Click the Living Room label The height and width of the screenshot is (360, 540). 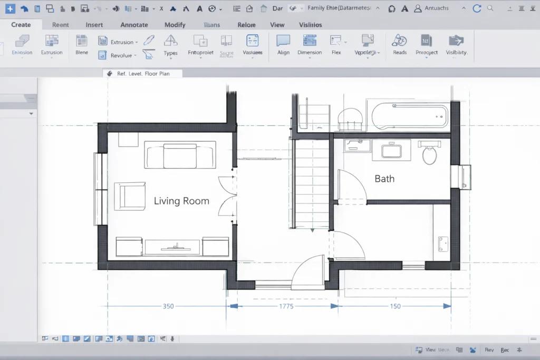[181, 201]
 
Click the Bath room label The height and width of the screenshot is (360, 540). [384, 179]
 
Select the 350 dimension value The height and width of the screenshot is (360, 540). [168, 306]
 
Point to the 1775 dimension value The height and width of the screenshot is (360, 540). [286, 306]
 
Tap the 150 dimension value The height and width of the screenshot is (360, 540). [394, 306]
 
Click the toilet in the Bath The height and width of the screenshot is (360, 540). [430, 154]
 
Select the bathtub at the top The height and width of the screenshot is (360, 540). [410, 115]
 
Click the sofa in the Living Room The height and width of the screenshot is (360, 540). [179, 154]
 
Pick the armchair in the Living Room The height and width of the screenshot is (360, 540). [130, 195]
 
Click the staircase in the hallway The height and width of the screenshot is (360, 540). [312, 184]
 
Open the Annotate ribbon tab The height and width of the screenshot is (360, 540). [134, 25]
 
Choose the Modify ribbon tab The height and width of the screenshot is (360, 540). [175, 25]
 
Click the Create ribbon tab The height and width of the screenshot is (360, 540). [21, 25]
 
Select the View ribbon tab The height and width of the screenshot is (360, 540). [277, 25]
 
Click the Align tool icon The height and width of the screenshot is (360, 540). [283, 41]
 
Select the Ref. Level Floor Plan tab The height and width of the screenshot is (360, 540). [143, 74]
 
